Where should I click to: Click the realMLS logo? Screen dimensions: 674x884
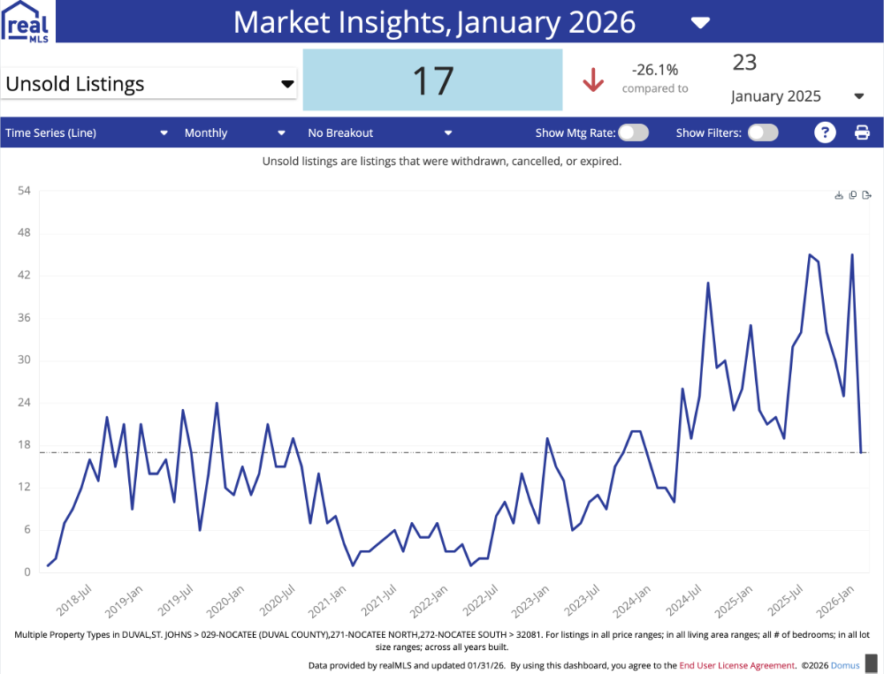(28, 21)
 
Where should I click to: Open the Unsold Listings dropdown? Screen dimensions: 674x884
(149, 84)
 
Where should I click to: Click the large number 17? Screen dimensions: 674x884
(432, 80)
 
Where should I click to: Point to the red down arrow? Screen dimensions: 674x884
(592, 80)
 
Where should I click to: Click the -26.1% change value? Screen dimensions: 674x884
(654, 70)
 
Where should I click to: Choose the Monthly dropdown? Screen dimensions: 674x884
(234, 133)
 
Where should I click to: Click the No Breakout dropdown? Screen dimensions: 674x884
(379, 133)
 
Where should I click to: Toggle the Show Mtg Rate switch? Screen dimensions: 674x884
(633, 133)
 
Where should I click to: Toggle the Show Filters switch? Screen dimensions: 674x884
(763, 133)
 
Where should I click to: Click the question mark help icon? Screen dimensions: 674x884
(824, 133)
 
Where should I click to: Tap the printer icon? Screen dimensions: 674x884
(862, 133)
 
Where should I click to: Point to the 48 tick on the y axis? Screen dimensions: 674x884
(24, 233)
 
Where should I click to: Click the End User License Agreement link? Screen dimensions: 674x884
(737, 665)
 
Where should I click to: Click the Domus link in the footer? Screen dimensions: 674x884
(846, 665)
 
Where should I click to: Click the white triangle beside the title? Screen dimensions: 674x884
(700, 22)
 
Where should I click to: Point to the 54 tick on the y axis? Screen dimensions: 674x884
(24, 191)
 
